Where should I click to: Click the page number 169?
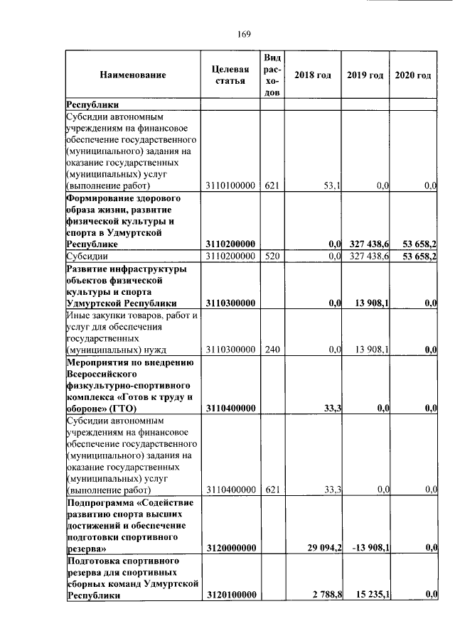click(x=237, y=33)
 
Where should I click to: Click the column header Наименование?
click(x=133, y=75)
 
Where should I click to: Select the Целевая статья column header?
click(x=230, y=75)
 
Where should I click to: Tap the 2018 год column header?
click(x=313, y=75)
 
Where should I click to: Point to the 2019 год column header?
click(x=365, y=75)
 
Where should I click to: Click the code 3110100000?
click(x=230, y=185)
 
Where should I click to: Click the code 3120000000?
click(x=230, y=549)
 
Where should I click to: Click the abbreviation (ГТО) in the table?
click(x=124, y=409)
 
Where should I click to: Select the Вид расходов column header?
click(x=272, y=75)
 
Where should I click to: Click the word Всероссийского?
click(x=102, y=374)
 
